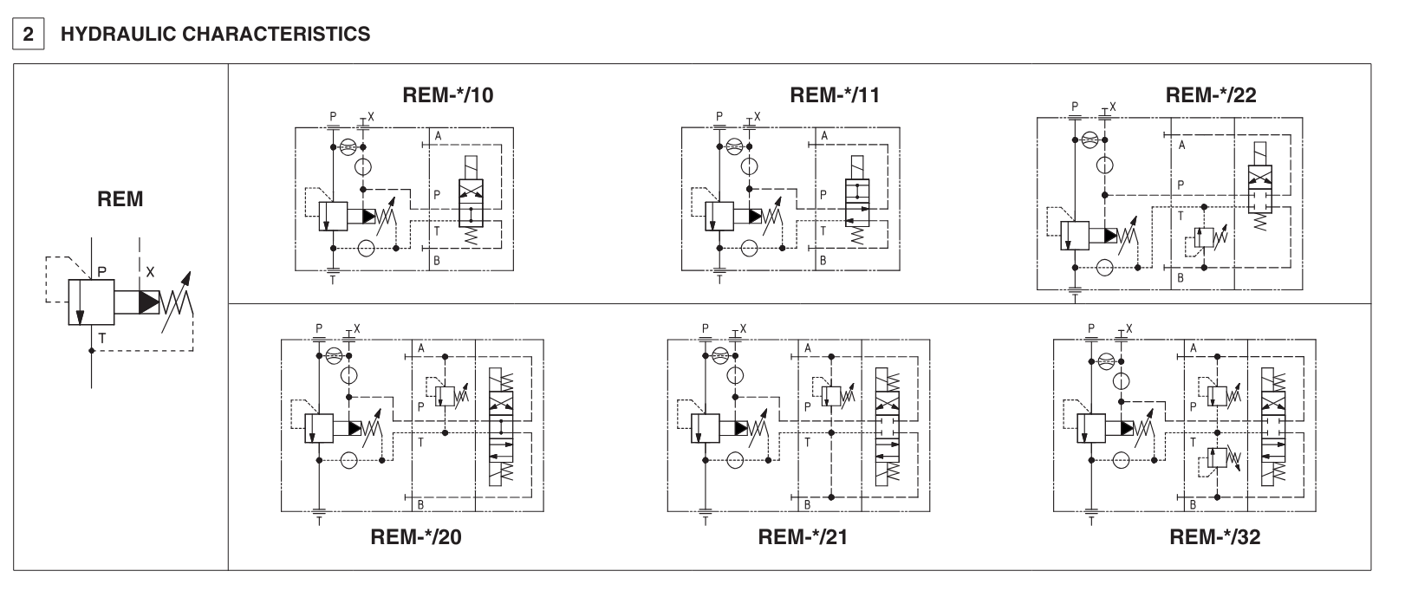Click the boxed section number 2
[x=29, y=35]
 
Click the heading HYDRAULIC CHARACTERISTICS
[x=214, y=35]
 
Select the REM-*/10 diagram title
[x=448, y=95]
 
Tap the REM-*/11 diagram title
[x=835, y=95]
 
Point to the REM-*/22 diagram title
[x=1211, y=95]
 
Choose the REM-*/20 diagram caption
[x=416, y=537]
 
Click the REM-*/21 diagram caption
[x=803, y=537]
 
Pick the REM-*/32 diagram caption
[x=1214, y=537]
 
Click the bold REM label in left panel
[x=120, y=199]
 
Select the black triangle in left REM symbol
[x=150, y=302]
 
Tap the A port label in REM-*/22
[x=1181, y=146]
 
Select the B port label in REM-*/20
[x=420, y=504]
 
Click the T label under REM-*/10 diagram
[x=334, y=280]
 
